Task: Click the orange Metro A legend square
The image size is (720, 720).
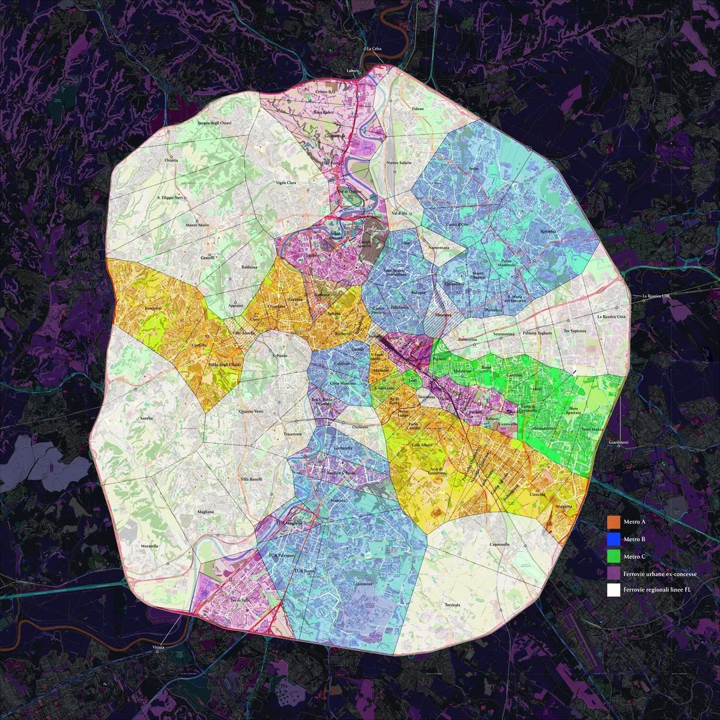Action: (x=613, y=521)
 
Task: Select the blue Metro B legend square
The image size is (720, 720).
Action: (x=613, y=538)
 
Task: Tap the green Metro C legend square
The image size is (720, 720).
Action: (x=613, y=555)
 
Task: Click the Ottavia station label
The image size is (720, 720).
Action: (x=170, y=160)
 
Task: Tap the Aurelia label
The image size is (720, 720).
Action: (x=146, y=418)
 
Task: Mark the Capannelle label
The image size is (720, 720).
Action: (x=499, y=544)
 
